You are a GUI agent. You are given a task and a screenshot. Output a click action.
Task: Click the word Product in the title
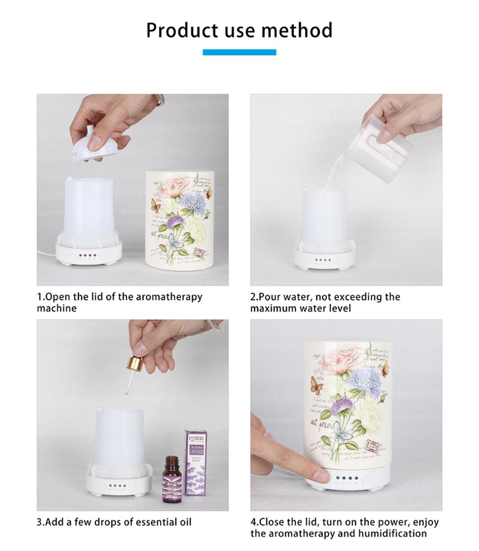click(181, 30)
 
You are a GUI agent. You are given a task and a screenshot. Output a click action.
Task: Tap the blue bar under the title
click(239, 52)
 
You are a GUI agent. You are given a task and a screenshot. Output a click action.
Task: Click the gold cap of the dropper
click(134, 364)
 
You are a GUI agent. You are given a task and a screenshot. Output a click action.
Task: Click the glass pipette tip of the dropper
click(127, 388)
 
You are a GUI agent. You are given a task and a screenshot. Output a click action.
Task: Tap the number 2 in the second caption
click(253, 297)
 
